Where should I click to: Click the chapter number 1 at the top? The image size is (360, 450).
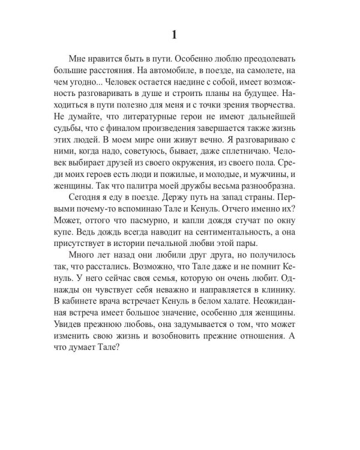[x=174, y=35]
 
